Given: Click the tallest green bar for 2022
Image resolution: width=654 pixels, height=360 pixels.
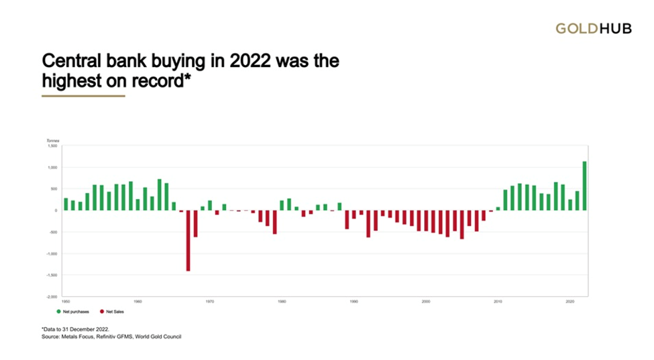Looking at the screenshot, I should [584, 186].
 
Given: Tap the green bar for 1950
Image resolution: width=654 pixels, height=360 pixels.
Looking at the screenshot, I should [66, 204].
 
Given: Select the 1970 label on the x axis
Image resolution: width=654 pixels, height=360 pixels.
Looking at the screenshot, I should [210, 302].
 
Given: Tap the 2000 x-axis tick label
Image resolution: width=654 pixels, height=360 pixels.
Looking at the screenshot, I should [426, 302].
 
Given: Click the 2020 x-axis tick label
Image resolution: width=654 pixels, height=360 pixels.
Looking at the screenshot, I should [569, 302].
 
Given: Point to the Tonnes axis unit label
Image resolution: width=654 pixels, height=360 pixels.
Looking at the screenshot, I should [52, 140].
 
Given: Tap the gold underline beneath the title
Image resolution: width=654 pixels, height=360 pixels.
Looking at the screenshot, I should [83, 96].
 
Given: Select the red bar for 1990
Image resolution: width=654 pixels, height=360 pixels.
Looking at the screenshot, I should [347, 219].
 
